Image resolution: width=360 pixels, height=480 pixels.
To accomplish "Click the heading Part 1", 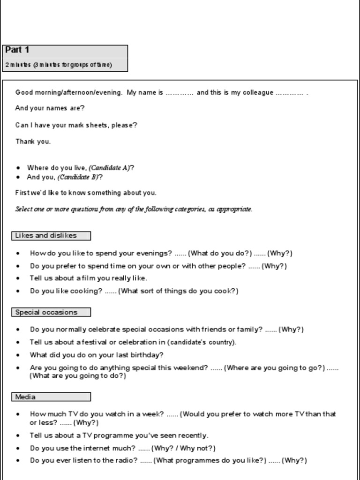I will [x=17, y=50].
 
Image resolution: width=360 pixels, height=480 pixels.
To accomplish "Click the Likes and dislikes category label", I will [x=46, y=236].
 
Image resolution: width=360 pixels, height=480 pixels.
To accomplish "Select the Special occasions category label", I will [x=46, y=312].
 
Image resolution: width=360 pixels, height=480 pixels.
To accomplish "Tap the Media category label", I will [x=25, y=397].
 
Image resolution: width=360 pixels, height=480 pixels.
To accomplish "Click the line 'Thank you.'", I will [x=33, y=142].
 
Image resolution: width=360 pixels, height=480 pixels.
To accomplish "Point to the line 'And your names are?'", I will [x=50, y=108].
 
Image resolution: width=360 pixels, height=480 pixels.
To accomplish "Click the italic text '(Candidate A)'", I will [x=109, y=168].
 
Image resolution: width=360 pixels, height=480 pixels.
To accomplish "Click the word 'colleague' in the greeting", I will [x=258, y=93].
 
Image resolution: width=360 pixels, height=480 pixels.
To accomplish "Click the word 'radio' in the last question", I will [x=127, y=460].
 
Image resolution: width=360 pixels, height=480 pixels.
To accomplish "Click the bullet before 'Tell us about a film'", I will [x=18, y=278].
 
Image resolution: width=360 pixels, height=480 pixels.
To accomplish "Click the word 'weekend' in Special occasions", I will [x=190, y=368].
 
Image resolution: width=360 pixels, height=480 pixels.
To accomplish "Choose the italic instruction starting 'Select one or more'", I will [x=134, y=210].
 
